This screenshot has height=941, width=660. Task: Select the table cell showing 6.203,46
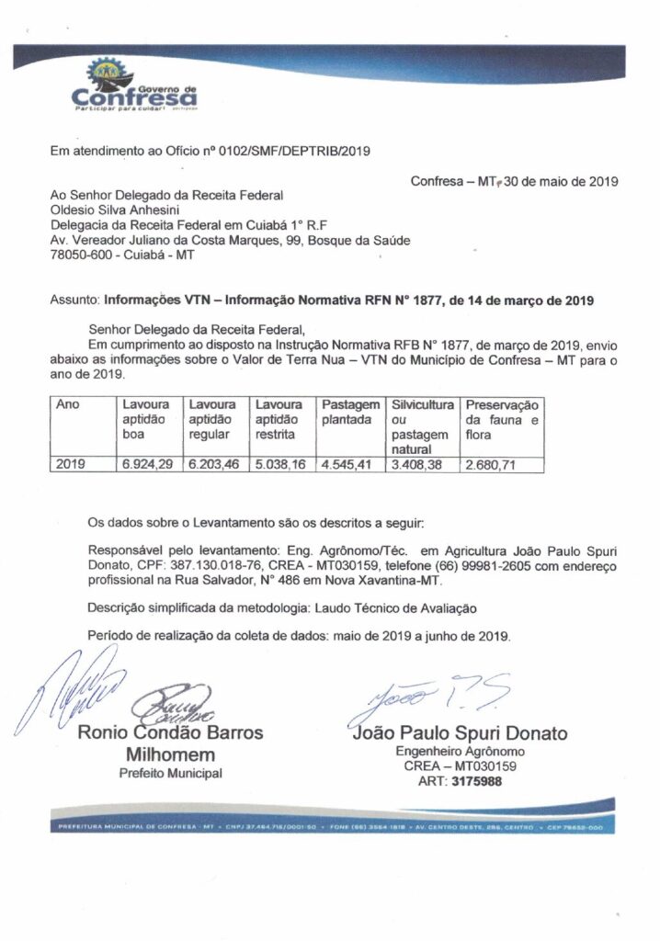(213, 465)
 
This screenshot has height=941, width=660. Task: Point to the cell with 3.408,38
(419, 465)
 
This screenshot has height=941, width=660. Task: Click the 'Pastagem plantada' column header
(350, 412)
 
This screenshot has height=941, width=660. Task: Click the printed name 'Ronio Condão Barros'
(171, 732)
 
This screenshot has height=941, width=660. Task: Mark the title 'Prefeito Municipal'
(171, 774)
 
